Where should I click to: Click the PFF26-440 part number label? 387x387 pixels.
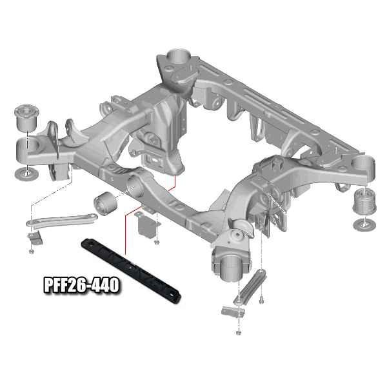[x=81, y=285]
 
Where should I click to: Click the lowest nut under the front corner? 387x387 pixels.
[x=239, y=332]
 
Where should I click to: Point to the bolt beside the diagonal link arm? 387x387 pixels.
[x=261, y=301]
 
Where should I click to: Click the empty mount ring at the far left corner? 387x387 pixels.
[x=28, y=150]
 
